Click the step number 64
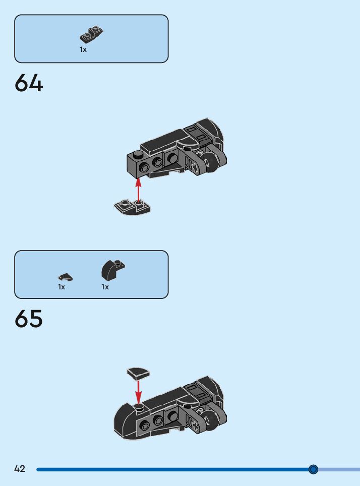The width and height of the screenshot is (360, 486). [29, 83]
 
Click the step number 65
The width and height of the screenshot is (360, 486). [29, 319]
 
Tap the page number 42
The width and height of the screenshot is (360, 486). [20, 469]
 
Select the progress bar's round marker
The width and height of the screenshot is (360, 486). [313, 469]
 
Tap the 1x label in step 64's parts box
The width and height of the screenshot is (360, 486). [83, 49]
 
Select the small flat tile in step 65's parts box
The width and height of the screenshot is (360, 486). [65, 277]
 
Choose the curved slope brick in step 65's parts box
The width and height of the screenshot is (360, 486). [112, 270]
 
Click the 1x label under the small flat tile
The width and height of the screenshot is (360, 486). [62, 287]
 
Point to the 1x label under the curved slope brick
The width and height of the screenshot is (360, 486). [105, 287]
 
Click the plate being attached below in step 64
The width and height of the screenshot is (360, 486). [133, 207]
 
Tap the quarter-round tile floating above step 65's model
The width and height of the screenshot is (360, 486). [138, 373]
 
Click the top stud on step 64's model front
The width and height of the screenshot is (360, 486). [137, 153]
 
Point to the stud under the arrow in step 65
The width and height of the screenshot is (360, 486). [139, 405]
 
